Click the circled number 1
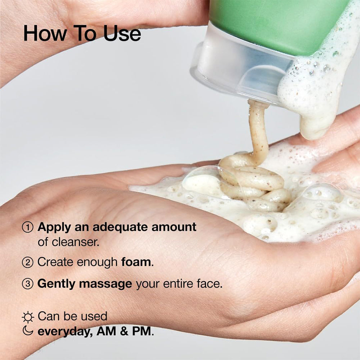(28, 227)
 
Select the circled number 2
(28, 262)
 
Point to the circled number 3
(28, 284)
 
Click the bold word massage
(105, 284)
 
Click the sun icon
(28, 317)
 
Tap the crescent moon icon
(28, 331)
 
